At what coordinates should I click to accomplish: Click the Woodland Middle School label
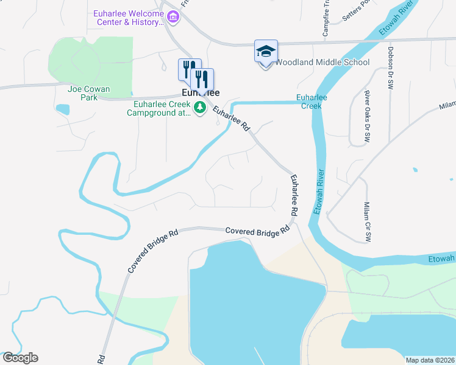tap(322, 62)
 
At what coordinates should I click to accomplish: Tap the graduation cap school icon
tap(266, 52)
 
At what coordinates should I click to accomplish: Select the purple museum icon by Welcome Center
tap(173, 17)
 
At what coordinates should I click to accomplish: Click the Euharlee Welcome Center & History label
tap(129, 18)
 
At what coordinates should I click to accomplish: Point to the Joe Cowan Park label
tap(89, 93)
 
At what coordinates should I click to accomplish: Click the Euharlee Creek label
tap(312, 101)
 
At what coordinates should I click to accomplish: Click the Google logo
tap(20, 358)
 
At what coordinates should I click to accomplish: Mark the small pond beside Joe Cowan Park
tap(62, 110)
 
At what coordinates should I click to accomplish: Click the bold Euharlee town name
tap(201, 93)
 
